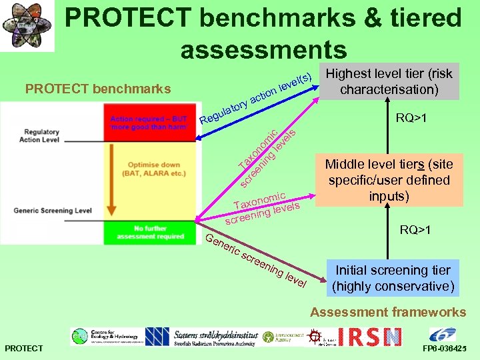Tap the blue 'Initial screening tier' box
click(x=393, y=279)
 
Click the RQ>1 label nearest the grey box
click(x=411, y=119)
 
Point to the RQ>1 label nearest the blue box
click(x=415, y=231)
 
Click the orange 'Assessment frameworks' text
click(x=388, y=312)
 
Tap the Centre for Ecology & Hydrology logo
click(x=103, y=337)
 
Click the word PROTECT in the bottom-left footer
click(x=23, y=349)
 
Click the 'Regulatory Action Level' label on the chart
click(x=39, y=136)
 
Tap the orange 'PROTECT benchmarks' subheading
click(x=97, y=89)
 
